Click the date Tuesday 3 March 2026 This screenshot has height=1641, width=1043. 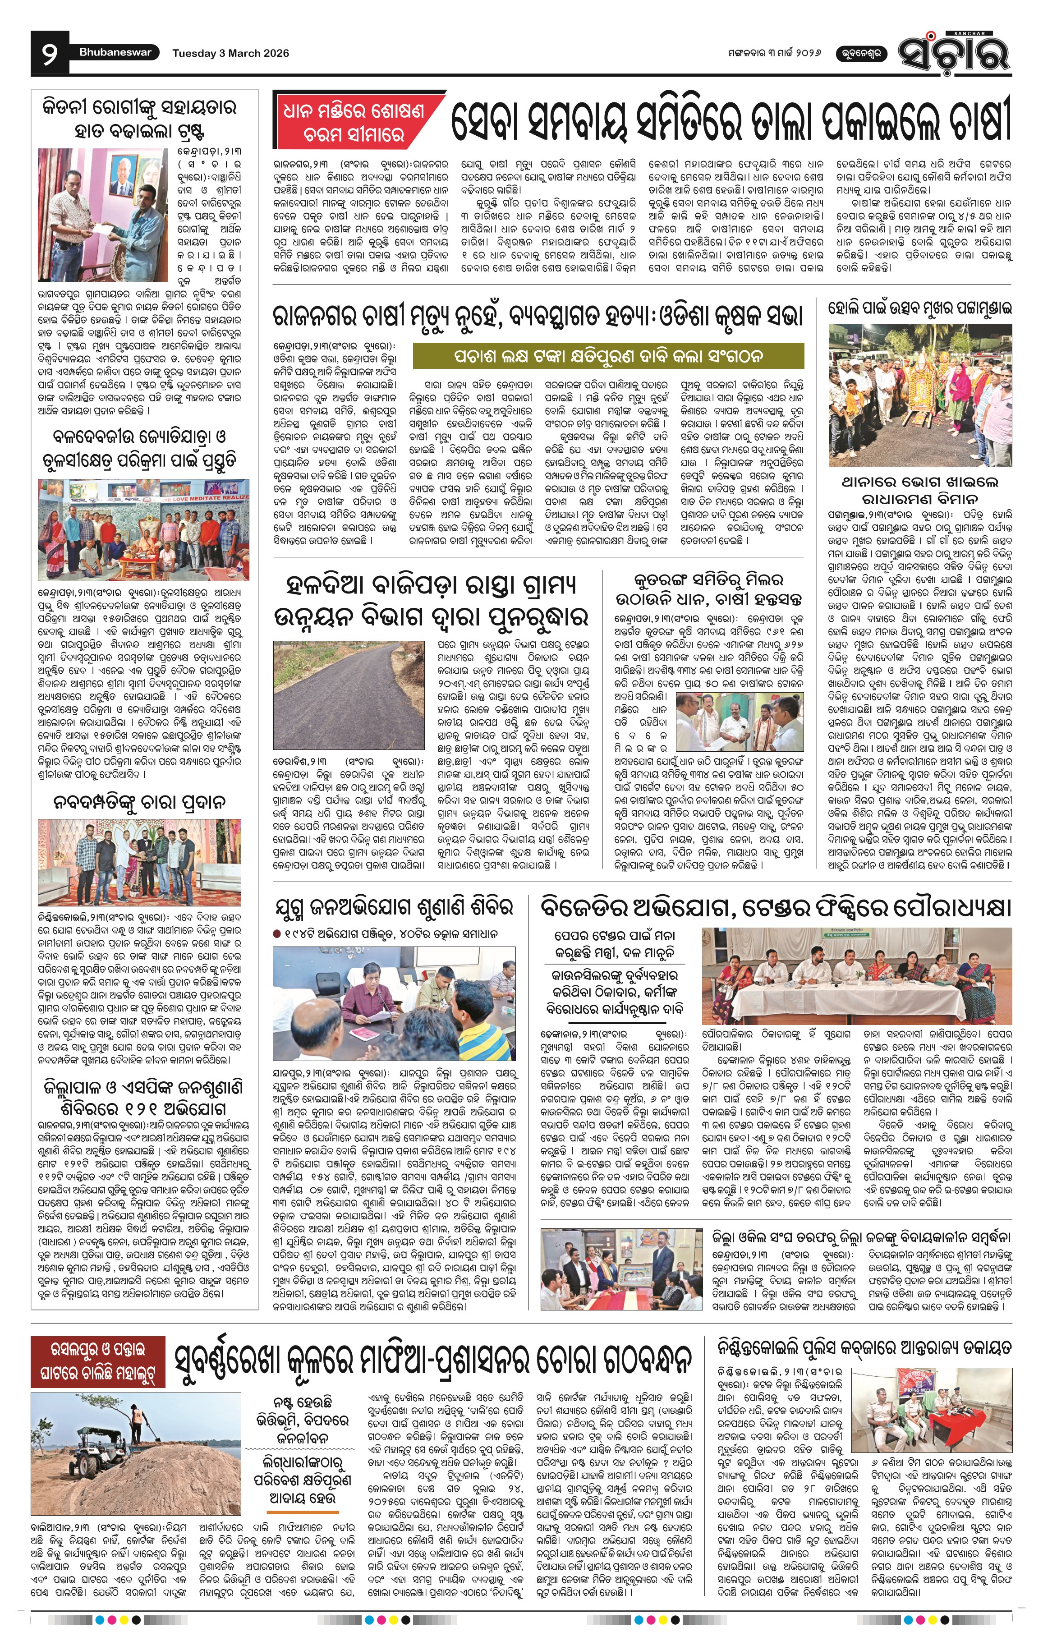(230, 53)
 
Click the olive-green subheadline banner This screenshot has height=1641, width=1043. (608, 356)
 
